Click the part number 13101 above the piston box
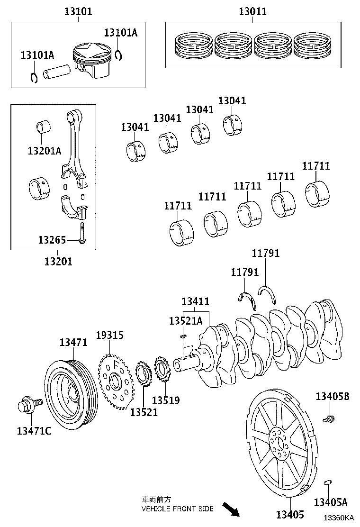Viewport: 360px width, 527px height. click(78, 12)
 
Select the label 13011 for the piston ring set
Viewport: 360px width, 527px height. click(253, 12)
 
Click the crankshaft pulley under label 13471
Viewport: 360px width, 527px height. click(71, 396)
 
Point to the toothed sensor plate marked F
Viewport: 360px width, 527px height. click(116, 381)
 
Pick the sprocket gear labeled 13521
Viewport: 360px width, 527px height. click(144, 373)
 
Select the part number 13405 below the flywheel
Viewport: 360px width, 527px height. click(290, 515)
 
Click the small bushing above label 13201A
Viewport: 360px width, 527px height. click(43, 126)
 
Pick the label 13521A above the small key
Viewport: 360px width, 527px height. click(186, 321)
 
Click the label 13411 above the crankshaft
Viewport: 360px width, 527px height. click(196, 301)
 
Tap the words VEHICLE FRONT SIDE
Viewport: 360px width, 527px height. click(177, 509)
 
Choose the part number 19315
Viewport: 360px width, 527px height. click(110, 335)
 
